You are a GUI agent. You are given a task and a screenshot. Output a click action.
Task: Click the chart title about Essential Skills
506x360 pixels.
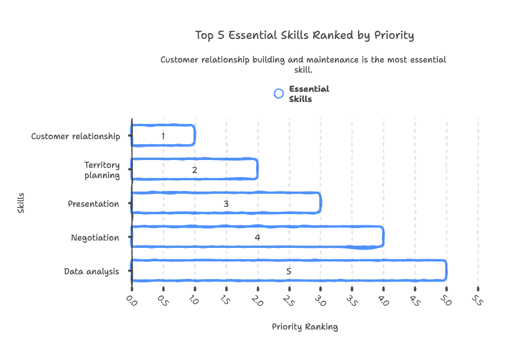pyautogui.click(x=304, y=35)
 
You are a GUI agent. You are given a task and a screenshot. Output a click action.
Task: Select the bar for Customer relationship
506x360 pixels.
pyautogui.click(x=163, y=136)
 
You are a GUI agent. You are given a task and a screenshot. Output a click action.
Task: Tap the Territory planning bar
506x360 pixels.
pyautogui.click(x=194, y=169)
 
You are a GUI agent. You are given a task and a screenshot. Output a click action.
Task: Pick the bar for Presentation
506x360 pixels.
pyautogui.click(x=226, y=203)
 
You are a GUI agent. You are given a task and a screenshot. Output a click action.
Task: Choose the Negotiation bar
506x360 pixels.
pyautogui.click(x=257, y=237)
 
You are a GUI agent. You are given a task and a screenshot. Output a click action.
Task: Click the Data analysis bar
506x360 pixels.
pyautogui.click(x=289, y=271)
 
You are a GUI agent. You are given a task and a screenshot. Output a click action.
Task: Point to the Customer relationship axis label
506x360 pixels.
pyautogui.click(x=75, y=136)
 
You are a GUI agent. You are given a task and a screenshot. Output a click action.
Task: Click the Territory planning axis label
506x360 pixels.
pyautogui.click(x=102, y=170)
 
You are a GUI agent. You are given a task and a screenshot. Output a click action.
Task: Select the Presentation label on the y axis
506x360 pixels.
pyautogui.click(x=93, y=204)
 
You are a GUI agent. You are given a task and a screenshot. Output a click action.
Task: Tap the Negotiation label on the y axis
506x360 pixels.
pyautogui.click(x=95, y=238)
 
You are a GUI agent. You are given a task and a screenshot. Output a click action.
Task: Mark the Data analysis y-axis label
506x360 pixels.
pyautogui.click(x=91, y=272)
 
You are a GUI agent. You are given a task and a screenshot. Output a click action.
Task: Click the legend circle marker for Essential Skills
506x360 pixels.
pyautogui.click(x=279, y=94)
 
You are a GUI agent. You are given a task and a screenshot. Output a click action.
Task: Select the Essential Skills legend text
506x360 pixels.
pyautogui.click(x=308, y=94)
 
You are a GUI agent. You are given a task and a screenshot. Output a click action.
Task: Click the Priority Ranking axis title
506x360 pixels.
pyautogui.click(x=305, y=327)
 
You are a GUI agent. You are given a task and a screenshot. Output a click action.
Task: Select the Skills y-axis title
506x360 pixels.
pyautogui.click(x=21, y=203)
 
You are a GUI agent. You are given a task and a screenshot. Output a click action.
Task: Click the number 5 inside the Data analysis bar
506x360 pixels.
pyautogui.click(x=289, y=272)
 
